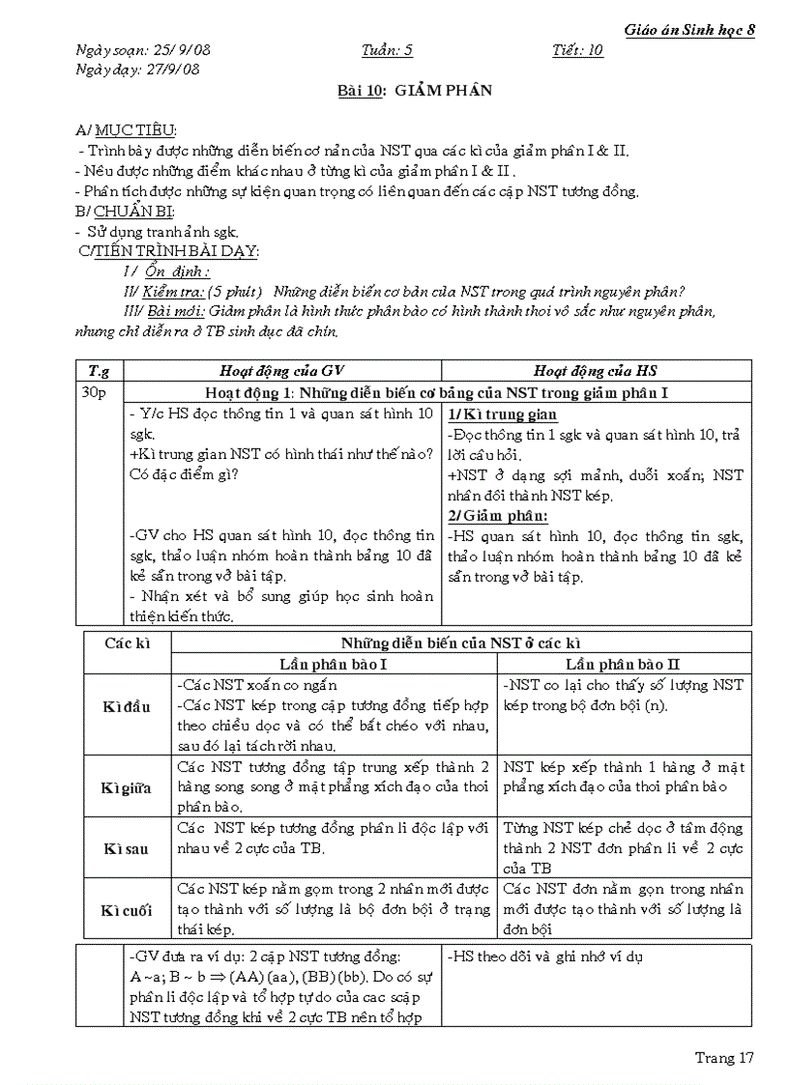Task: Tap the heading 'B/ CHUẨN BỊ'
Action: click(x=125, y=211)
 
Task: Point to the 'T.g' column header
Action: click(x=100, y=370)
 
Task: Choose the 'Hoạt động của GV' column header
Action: click(x=282, y=370)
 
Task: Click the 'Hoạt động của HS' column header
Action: click(x=596, y=370)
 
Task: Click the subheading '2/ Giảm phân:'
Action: click(x=497, y=515)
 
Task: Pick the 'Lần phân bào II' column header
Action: click(x=623, y=664)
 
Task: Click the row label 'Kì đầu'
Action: click(x=127, y=706)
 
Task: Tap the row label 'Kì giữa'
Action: click(x=127, y=787)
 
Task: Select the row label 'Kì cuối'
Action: click(x=127, y=910)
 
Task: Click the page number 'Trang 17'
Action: click(x=724, y=1058)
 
